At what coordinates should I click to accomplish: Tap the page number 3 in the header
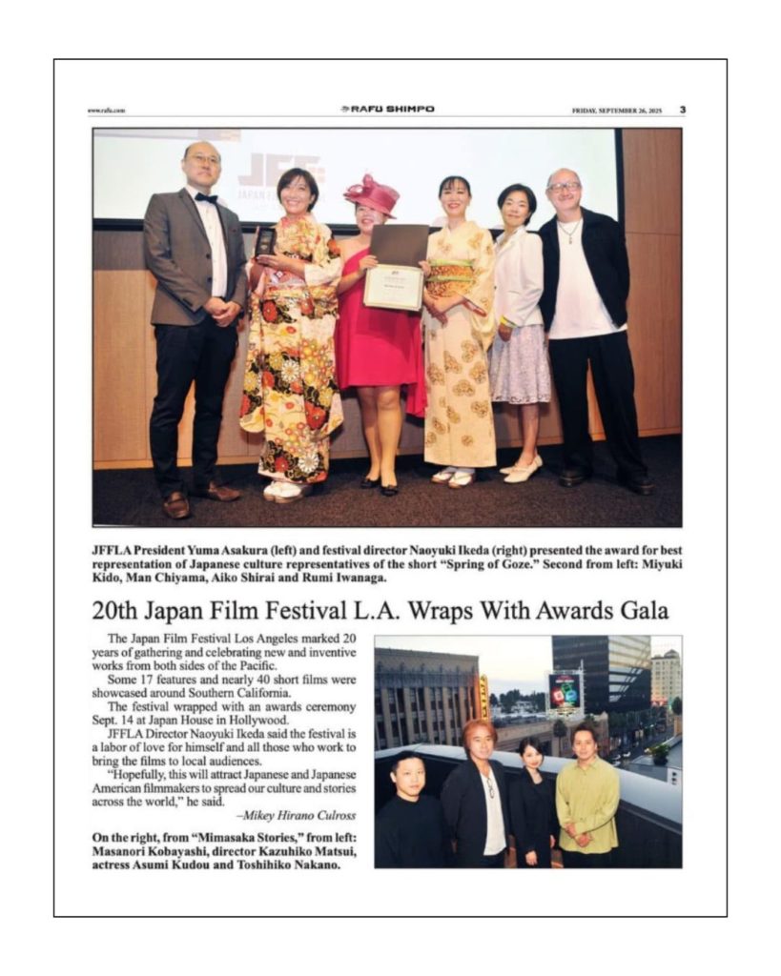(x=682, y=110)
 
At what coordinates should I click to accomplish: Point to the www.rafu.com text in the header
(x=106, y=111)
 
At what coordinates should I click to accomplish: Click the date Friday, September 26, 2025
(x=616, y=111)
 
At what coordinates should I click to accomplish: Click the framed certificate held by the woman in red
(x=393, y=285)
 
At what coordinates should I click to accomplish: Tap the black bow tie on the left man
(x=207, y=197)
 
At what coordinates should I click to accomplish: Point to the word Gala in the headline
(x=644, y=609)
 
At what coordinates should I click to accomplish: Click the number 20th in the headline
(x=115, y=609)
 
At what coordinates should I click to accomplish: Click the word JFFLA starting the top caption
(x=113, y=551)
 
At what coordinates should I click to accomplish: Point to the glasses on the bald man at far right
(x=565, y=187)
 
